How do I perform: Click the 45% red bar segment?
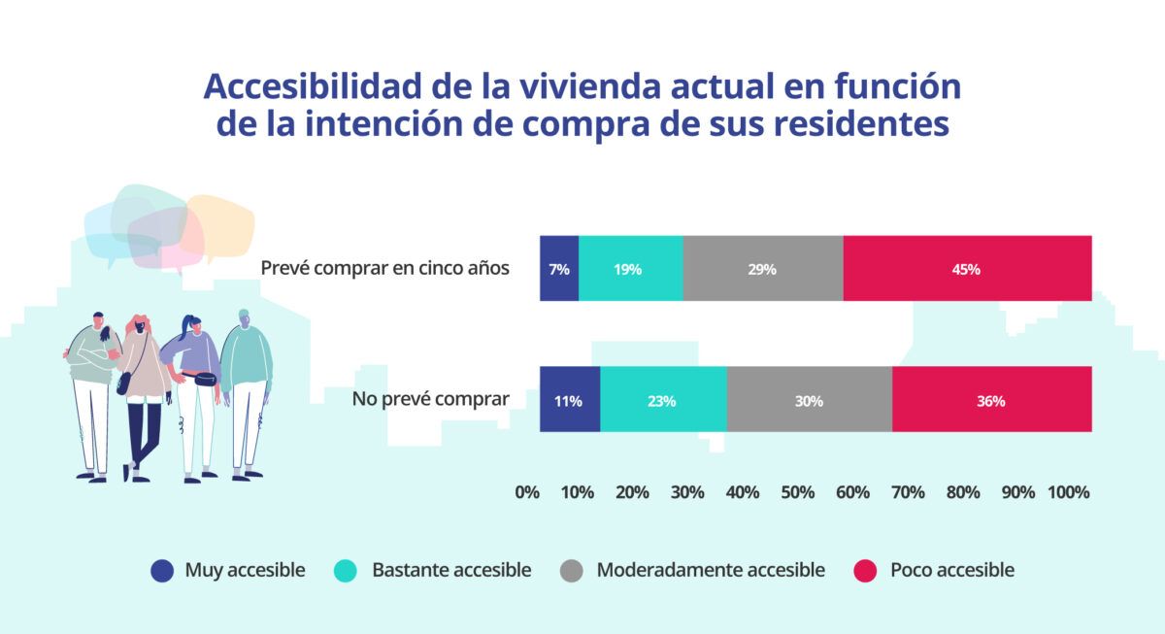pos(967,269)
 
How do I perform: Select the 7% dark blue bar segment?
pos(559,269)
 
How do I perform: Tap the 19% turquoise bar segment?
pos(630,269)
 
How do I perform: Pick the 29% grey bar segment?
pos(762,269)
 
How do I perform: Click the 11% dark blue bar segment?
pos(570,399)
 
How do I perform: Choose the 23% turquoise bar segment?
pos(663,399)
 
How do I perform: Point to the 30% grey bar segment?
pos(809,399)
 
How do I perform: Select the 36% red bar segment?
pos(991,399)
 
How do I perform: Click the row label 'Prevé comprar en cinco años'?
pos(385,268)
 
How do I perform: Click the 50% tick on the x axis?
pos(797,492)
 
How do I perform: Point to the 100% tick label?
pos(1068,492)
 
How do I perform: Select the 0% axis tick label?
pos(527,492)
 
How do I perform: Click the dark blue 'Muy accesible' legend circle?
pos(162,571)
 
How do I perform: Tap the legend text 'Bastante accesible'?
pos(451,570)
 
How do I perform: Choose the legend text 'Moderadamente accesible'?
pos(711,570)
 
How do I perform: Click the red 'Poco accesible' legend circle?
pos(866,571)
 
